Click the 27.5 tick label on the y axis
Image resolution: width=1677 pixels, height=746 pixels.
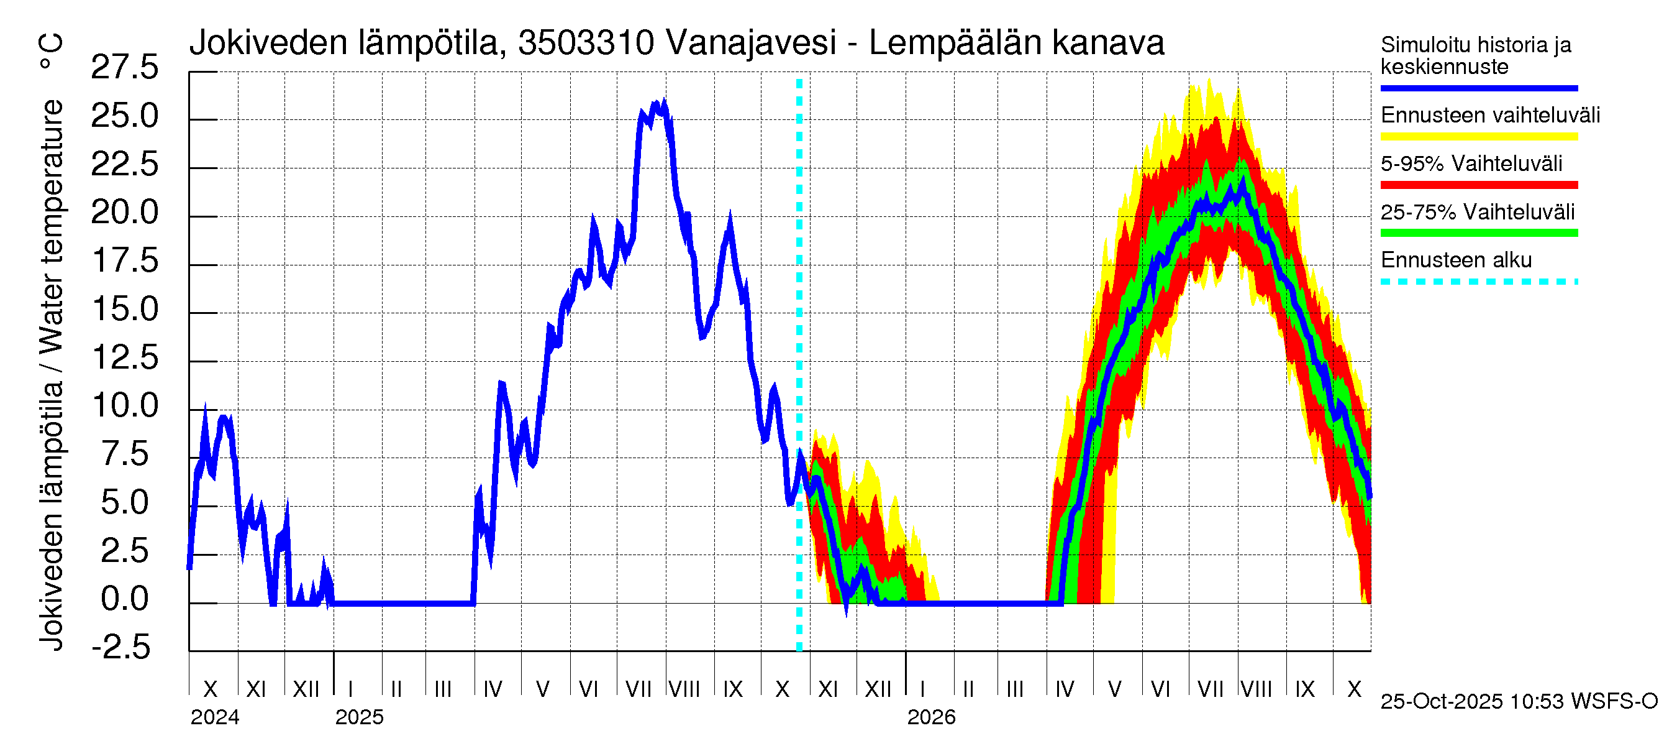[124, 68]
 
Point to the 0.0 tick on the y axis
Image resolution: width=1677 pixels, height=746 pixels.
[124, 599]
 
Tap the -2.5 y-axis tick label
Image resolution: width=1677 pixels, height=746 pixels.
[121, 648]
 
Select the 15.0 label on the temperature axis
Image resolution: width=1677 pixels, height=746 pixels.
[124, 310]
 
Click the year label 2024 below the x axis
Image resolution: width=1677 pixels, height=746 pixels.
[215, 717]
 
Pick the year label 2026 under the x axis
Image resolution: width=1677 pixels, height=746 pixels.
[931, 717]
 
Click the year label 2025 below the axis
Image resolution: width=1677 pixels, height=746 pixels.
[360, 717]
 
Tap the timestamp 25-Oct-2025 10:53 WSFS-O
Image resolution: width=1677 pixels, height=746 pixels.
[1519, 702]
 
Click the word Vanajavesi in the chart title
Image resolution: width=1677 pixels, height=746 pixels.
[751, 43]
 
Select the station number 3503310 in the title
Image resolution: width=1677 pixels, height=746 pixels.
[586, 43]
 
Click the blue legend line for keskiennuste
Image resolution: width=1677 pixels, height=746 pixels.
[1478, 88]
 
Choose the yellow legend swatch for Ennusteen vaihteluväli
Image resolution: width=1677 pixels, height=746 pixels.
[1478, 137]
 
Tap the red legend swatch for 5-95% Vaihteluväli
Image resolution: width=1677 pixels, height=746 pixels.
[1478, 185]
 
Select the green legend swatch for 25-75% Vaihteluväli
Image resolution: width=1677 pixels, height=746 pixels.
[1478, 233]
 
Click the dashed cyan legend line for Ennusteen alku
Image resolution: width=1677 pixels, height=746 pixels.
[1478, 282]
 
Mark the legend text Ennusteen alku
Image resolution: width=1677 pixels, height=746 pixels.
[1456, 260]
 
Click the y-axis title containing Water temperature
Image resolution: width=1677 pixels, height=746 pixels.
[52, 342]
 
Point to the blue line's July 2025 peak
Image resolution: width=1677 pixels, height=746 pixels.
[663, 103]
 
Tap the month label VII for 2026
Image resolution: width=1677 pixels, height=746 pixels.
[1210, 689]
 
